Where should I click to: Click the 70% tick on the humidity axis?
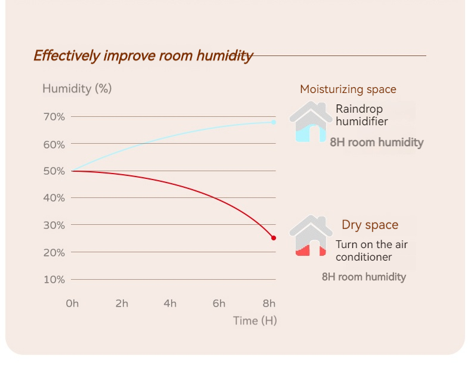54,117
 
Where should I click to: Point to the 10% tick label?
54,280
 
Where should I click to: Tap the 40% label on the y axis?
54,198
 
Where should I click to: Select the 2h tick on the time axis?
122,304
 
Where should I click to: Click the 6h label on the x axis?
219,304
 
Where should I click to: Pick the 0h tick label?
72,304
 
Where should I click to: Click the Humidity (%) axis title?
77,89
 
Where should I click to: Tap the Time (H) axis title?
255,321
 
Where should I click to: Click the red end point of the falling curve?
274,238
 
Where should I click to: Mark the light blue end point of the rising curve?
274,122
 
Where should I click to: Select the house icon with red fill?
311,236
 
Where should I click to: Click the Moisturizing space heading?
348,89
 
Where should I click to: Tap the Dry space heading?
370,225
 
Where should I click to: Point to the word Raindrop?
359,109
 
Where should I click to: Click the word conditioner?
364,257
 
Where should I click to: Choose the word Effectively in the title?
66,56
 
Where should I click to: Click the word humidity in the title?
224,56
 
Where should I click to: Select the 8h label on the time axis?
269,304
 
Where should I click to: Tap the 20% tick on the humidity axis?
54,253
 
